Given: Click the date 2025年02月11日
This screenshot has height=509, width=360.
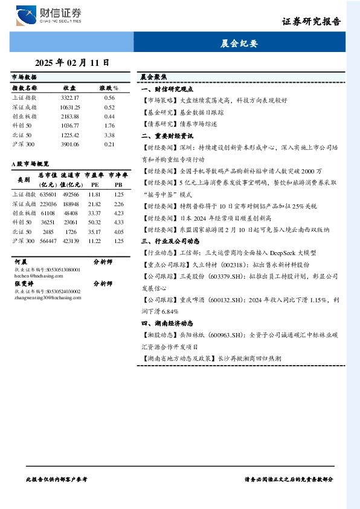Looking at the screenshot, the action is pyautogui.click(x=72, y=62).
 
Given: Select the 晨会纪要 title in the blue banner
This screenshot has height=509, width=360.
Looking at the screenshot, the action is pyautogui.click(x=240, y=44).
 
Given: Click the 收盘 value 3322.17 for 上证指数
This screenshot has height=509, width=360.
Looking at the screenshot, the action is pyautogui.click(x=70, y=97).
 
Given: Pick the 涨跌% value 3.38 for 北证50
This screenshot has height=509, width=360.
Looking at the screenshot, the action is pyautogui.click(x=109, y=135).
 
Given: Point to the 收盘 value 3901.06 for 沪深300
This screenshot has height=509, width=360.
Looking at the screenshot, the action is pyautogui.click(x=70, y=144).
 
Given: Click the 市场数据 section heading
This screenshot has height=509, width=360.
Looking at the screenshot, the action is pyautogui.click(x=24, y=77).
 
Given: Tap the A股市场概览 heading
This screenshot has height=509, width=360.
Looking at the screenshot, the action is pyautogui.click(x=30, y=164).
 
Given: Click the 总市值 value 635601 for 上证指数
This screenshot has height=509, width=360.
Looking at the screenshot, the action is pyautogui.click(x=48, y=194).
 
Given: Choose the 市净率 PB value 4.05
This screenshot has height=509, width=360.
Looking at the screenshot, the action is pyautogui.click(x=118, y=232).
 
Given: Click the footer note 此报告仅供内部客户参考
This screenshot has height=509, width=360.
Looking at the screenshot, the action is pyautogui.click(x=57, y=478).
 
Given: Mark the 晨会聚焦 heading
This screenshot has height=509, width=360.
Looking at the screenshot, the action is pyautogui.click(x=153, y=77).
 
